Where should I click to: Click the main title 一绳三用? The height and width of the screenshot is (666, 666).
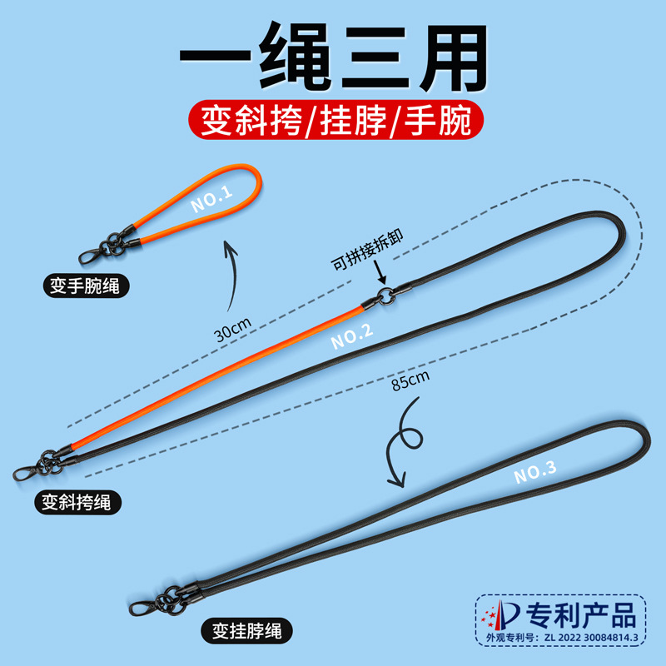(334, 57)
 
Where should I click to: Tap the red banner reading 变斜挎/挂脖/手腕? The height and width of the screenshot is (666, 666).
(336, 120)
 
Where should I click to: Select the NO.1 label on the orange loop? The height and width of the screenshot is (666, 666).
(211, 199)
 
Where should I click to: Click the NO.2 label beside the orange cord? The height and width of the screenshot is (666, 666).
(351, 336)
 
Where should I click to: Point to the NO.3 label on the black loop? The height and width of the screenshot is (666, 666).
(534, 472)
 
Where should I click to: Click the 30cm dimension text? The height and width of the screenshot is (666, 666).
(232, 329)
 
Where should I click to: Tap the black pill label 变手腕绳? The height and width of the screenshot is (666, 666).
(86, 286)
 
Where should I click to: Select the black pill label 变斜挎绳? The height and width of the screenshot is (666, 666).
(77, 503)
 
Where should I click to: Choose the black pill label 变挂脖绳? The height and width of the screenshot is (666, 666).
(246, 631)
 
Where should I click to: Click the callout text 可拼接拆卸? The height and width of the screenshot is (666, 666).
(367, 251)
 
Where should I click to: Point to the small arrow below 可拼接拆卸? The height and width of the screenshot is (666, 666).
(380, 272)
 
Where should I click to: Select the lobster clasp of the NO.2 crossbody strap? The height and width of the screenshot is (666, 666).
(27, 471)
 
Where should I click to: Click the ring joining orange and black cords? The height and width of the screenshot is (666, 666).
(385, 296)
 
